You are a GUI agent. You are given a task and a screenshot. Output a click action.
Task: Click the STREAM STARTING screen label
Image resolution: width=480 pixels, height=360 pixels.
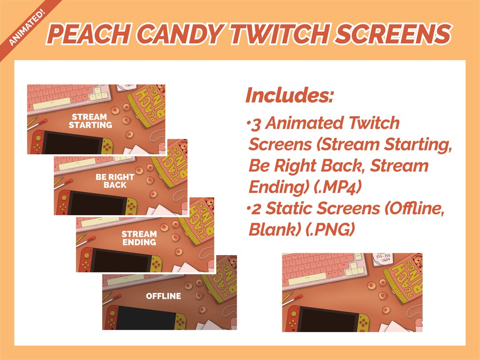point(90,121)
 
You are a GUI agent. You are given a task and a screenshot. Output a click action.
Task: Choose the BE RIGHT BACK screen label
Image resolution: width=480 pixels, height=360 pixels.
point(115,181)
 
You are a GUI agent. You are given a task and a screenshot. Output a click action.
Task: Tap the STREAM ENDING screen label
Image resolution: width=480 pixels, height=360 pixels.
point(139,238)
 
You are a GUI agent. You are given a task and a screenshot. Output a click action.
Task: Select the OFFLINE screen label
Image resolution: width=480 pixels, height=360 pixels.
point(164,296)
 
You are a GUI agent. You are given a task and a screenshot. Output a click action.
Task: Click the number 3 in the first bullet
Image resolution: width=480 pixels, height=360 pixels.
point(256,123)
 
